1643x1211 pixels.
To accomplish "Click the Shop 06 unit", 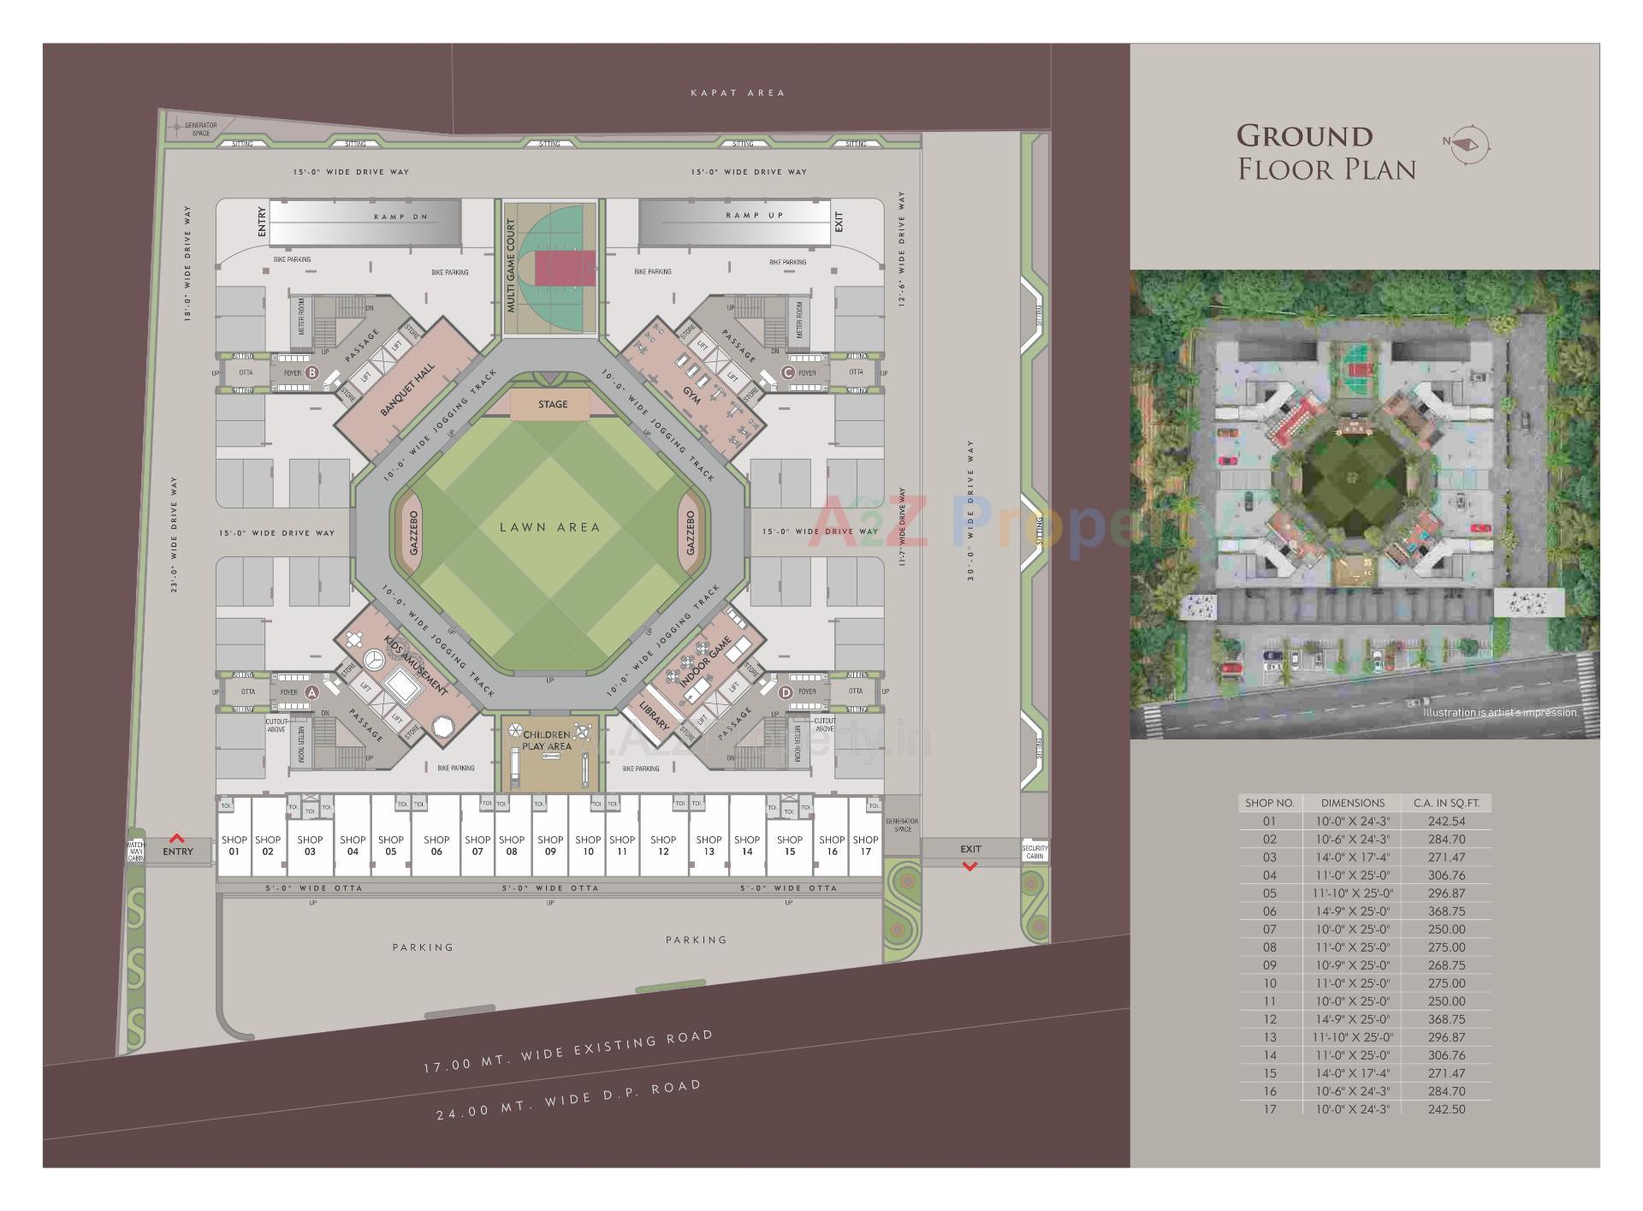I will point(436,845).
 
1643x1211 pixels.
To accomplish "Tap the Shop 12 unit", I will point(663,845).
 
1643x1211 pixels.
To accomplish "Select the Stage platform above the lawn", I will point(553,405).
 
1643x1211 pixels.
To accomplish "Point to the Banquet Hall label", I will point(407,389).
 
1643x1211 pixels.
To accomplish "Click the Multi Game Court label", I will point(511,265).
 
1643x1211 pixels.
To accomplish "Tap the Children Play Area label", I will point(547,740).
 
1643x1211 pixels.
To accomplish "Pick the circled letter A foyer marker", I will point(311,692).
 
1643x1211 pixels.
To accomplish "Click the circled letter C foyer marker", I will point(787,372).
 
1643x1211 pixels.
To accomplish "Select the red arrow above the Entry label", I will point(177,839).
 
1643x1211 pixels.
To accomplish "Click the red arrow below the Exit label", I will point(970,866).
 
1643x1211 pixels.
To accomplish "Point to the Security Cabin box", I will point(1035,852).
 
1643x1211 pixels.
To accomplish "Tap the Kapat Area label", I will point(737,92).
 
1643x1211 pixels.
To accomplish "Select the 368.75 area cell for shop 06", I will point(1446,911).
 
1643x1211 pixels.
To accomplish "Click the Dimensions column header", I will point(1352,803).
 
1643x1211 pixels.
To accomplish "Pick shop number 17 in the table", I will point(1269,1109).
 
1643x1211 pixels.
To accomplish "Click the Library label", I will point(655,712).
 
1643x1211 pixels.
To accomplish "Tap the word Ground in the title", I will point(1304,136).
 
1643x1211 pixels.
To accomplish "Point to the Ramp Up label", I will point(754,216).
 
